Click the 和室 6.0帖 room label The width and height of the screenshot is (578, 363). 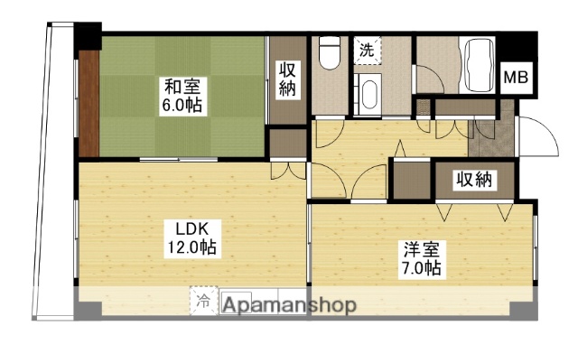182,96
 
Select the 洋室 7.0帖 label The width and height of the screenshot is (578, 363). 421,258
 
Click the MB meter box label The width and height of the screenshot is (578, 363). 516,78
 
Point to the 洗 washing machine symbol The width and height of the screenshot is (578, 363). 368,49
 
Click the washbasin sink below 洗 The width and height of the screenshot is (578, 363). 368,91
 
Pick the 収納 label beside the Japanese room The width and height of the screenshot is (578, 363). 288,79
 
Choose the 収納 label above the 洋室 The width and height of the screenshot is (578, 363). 474,179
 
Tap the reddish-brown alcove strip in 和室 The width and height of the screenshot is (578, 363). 89,102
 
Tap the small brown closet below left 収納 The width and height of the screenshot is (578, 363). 288,144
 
